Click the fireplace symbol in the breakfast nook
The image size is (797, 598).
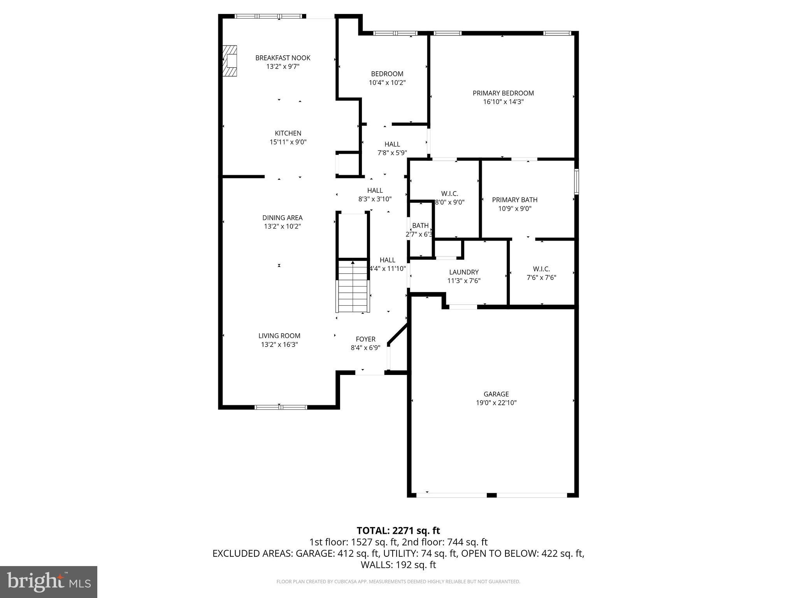tap(230, 61)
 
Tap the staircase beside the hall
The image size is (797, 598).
tap(353, 287)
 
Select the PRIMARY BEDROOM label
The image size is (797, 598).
tap(503, 93)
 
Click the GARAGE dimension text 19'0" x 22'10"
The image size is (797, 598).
tap(496, 403)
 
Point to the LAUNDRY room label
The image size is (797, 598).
tap(463, 272)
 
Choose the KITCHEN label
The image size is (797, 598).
tap(288, 133)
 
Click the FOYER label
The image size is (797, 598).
tap(365, 339)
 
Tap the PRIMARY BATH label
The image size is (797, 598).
tap(514, 200)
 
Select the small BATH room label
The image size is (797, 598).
tap(420, 225)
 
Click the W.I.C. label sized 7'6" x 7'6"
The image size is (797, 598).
tap(541, 269)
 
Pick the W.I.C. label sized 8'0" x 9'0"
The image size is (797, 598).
tap(449, 193)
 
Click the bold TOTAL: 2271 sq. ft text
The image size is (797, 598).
tap(398, 530)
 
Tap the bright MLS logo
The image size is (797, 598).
tap(49, 582)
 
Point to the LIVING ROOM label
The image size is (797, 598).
tap(279, 336)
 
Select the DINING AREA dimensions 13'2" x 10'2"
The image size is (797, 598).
tap(282, 226)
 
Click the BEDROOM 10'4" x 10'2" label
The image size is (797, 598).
tap(387, 74)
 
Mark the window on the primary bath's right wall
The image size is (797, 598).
tap(576, 181)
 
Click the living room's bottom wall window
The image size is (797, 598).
tap(281, 407)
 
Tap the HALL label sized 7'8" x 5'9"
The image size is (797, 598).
tap(392, 144)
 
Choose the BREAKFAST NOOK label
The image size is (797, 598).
tap(283, 58)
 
